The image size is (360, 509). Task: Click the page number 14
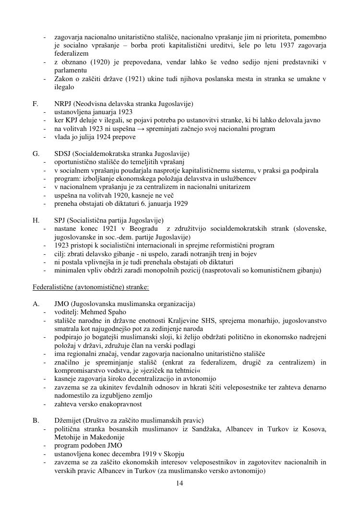coord(180,483)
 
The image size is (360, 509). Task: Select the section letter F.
coord(35,104)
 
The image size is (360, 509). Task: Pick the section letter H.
coord(36,220)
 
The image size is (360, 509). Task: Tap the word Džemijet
coord(69,421)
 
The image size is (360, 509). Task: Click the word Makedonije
coord(108,437)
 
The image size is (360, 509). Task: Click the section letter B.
coord(35,421)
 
